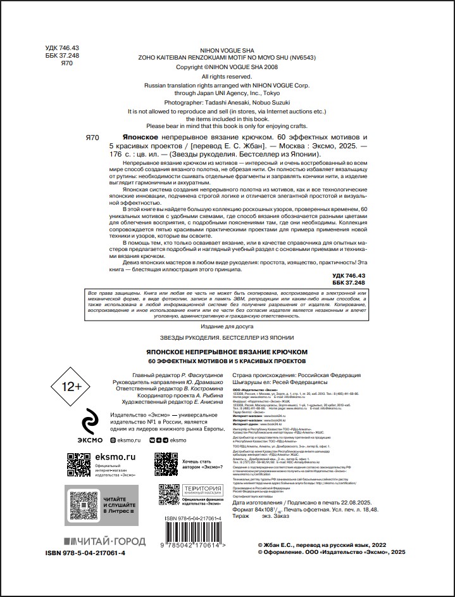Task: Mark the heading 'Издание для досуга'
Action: [x=227, y=325]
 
